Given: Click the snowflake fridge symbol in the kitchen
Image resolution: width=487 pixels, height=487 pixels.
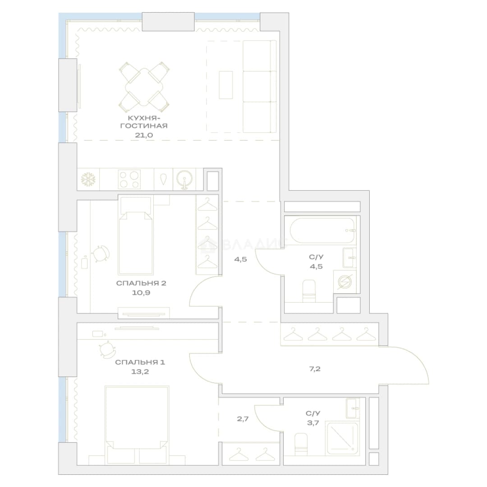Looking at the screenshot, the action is [88, 179].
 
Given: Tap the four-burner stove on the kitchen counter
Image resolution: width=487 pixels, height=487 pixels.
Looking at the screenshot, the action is [129, 179].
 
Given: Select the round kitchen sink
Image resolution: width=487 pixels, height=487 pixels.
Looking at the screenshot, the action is [184, 179].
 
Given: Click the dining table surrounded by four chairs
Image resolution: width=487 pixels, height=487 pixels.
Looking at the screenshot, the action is [144, 87].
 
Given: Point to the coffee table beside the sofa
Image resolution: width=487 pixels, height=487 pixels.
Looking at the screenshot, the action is [226, 85].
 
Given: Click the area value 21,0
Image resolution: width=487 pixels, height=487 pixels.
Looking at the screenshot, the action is [144, 135].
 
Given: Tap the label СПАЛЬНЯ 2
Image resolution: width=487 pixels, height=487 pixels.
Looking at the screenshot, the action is [141, 283].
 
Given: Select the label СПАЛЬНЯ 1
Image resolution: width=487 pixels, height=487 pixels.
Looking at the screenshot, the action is [140, 362].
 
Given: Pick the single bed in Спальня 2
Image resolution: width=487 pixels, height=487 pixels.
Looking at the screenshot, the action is [136, 235].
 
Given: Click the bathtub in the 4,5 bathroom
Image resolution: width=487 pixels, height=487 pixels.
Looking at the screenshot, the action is [322, 230].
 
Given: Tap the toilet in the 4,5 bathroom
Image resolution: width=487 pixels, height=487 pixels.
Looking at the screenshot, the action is [309, 291].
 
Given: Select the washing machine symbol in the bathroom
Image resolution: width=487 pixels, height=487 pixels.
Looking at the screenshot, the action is [345, 282].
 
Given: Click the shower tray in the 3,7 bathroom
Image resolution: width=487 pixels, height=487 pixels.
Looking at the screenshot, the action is [342, 438].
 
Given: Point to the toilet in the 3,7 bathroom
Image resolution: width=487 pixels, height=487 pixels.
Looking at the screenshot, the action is [301, 445].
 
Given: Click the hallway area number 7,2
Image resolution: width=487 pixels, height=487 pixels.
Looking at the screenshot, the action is [315, 369].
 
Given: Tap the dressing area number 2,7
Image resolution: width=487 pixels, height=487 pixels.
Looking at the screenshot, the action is [243, 418].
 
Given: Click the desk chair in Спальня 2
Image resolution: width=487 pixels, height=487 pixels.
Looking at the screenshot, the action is [101, 254].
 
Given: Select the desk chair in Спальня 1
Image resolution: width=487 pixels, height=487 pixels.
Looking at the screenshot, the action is [107, 349].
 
